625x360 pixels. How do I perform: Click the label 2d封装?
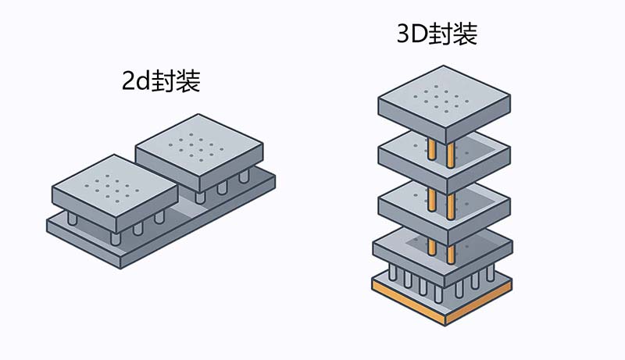pyautogui.click(x=161, y=81)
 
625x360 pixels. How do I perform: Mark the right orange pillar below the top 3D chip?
pyautogui.click(x=451, y=152)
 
